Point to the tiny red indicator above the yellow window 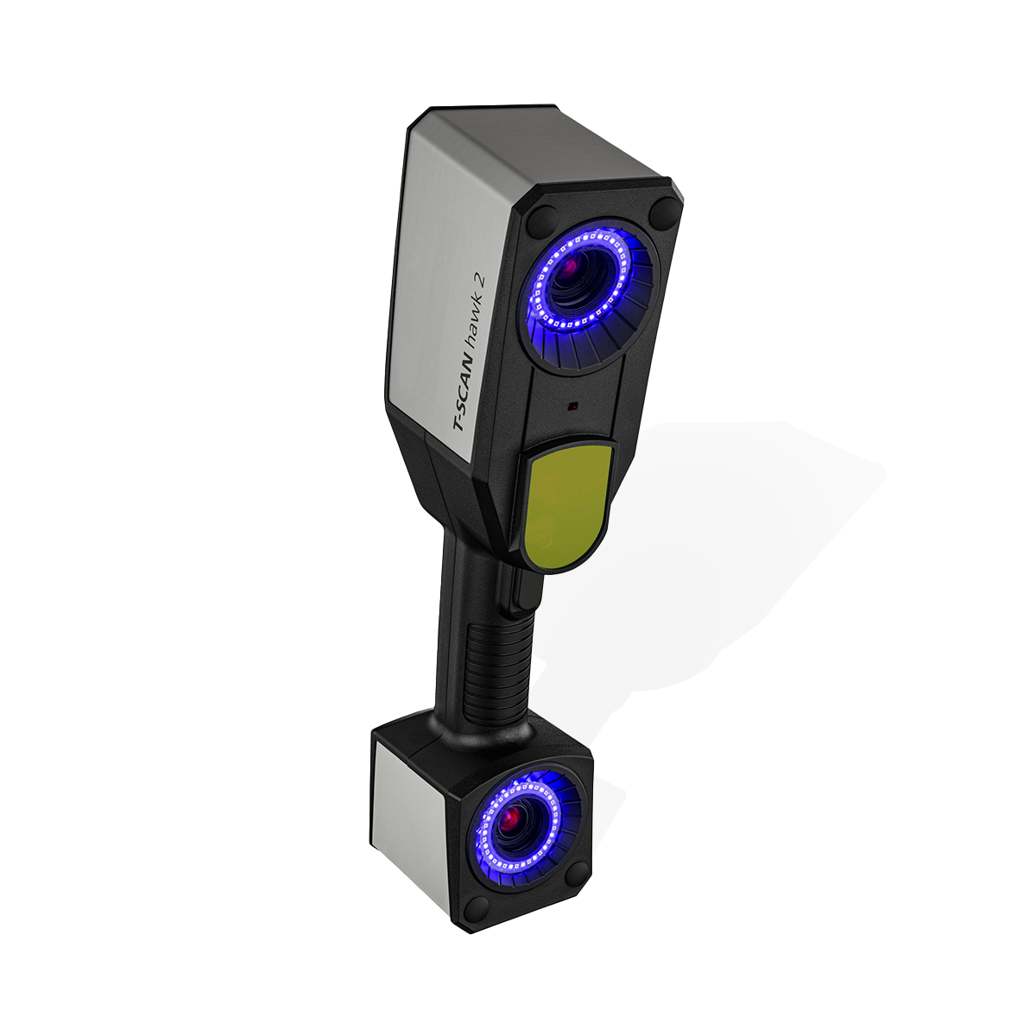tap(573, 404)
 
